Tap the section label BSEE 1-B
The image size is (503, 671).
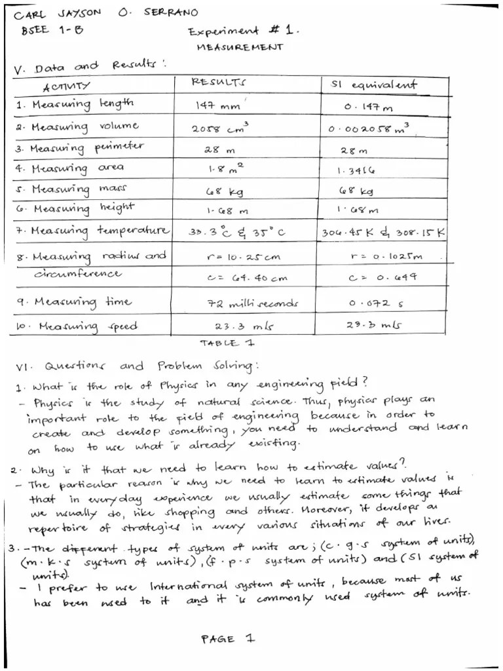47,29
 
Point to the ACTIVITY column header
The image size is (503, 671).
67,86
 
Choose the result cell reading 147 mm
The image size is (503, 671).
218,105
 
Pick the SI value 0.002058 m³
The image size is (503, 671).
369,128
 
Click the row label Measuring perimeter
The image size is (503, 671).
79,147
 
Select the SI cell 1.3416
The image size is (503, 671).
356,171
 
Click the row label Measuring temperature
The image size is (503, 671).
92,231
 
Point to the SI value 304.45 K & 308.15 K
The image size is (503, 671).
383,233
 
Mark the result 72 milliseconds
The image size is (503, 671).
253,303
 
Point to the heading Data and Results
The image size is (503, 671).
85,66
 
